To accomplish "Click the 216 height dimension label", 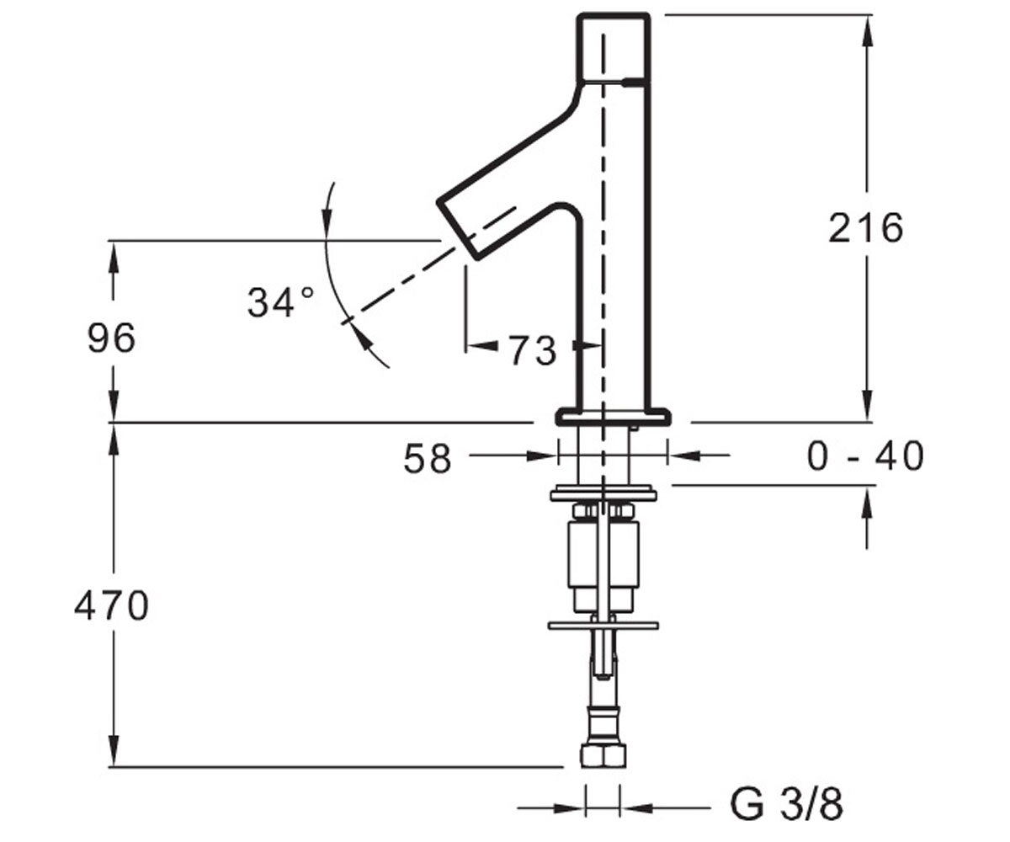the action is pos(865,228).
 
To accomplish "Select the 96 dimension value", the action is pos(111,338).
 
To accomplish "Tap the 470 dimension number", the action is pos(111,606).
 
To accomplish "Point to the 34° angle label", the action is pos(280,302).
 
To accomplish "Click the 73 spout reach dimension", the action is pos(533,351).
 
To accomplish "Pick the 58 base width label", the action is pos(427,459).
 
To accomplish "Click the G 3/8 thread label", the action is pos(786,805).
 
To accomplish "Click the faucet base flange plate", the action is pos(613,417).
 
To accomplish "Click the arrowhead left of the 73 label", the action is pos(481,345).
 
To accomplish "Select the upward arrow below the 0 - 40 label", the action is pos(866,517).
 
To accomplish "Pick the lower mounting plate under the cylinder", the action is pos(603,626).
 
